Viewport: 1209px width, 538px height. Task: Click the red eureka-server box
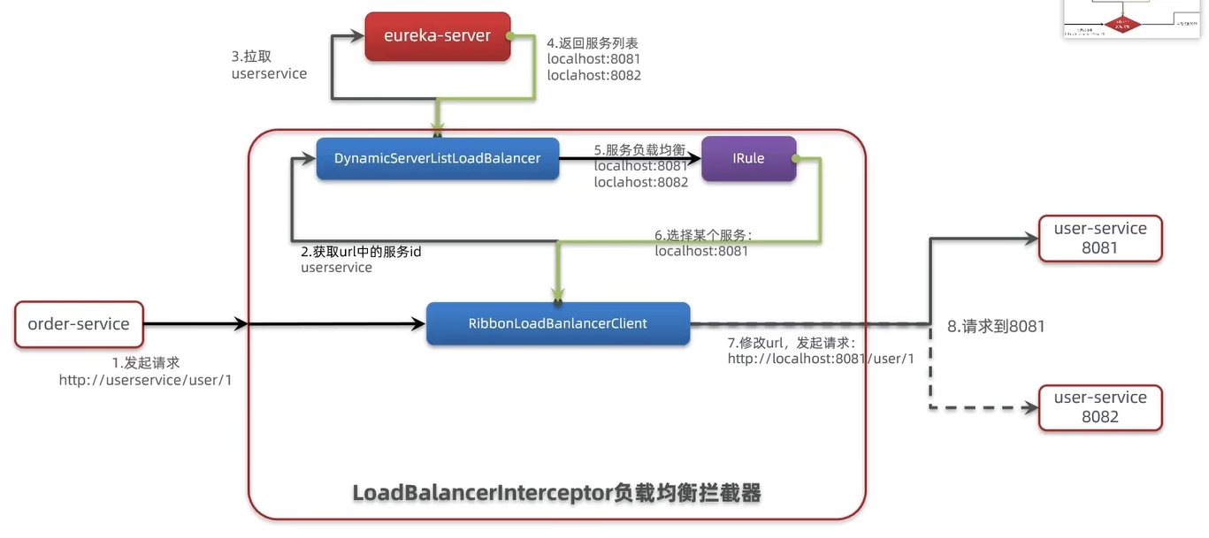438,36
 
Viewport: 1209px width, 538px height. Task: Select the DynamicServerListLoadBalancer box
437,158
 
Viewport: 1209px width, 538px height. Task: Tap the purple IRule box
748,158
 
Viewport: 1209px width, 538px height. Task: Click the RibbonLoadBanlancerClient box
557,323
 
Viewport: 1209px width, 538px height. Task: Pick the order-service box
79,324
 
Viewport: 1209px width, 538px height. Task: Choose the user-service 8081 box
1100,238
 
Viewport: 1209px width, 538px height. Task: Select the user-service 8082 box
1100,407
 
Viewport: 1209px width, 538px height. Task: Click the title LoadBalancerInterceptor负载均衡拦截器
556,492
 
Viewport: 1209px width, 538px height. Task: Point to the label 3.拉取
251,56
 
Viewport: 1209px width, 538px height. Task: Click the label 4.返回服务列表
593,42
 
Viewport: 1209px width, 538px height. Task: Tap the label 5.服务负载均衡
639,149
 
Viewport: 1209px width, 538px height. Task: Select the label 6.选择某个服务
703,235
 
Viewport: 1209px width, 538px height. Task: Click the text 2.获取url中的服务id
362,251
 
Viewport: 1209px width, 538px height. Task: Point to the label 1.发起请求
146,362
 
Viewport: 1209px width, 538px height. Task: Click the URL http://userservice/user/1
146,380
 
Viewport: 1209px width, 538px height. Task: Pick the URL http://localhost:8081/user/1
821,359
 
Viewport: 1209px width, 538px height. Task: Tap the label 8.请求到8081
996,326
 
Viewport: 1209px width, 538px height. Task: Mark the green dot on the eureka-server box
510,36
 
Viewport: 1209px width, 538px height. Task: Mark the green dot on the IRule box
795,158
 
